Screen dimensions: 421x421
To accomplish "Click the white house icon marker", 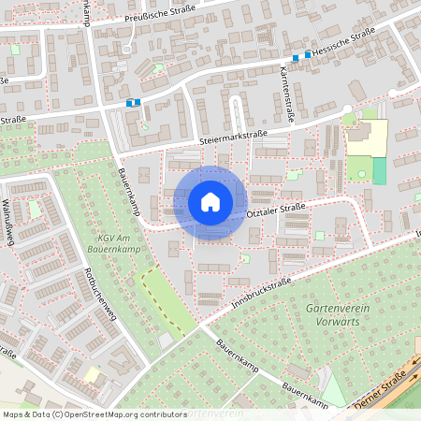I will click(210, 201).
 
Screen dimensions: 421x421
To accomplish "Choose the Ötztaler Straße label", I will click(277, 214).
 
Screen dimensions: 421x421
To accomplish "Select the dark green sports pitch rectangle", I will click(379, 170).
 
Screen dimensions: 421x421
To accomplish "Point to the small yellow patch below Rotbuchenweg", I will click(93, 374).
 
